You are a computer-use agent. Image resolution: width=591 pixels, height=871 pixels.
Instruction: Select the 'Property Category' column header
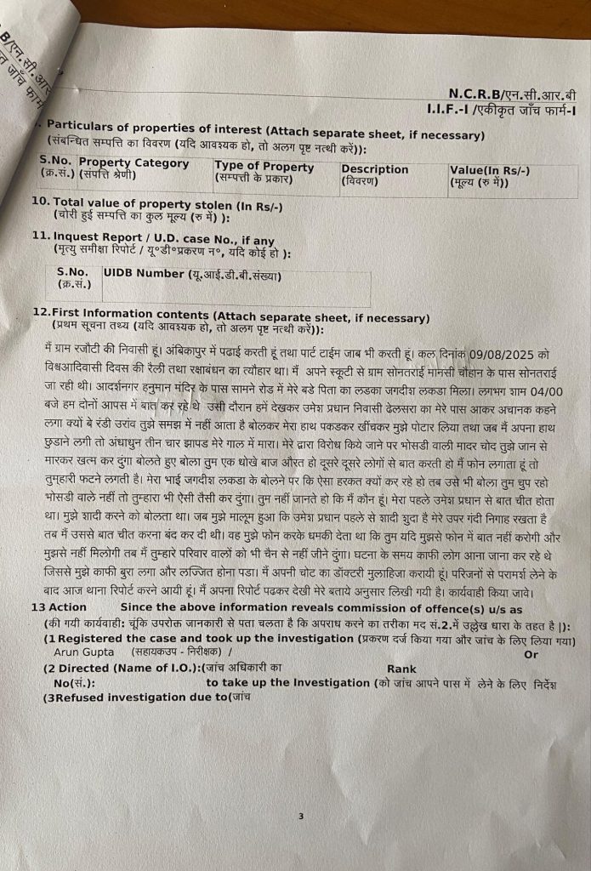pos(134,163)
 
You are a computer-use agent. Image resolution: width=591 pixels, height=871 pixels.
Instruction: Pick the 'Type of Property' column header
pos(264,167)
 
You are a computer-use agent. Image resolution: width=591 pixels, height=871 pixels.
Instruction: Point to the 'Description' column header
pos(375,169)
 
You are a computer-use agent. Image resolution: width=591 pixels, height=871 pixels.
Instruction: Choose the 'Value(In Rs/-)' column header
pos(490,171)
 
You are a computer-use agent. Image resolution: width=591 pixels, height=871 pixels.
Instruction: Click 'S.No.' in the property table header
pos(56,159)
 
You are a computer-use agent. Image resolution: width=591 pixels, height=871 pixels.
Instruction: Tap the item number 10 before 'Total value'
pos(39,202)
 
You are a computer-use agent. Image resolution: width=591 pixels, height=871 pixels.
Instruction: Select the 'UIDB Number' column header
pos(143,274)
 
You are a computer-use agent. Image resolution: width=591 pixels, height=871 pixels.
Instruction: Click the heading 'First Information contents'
pos(128,313)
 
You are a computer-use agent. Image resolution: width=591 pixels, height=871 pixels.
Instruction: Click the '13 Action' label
pos(59,607)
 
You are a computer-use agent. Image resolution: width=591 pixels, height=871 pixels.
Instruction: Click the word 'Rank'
pos(401,669)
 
